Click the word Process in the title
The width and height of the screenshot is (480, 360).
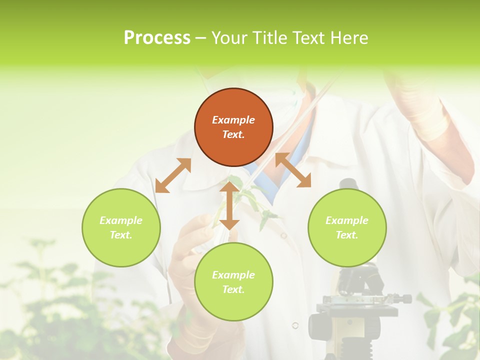click(157, 38)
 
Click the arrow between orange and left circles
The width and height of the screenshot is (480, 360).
click(173, 175)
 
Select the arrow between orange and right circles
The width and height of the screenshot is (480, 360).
click(293, 170)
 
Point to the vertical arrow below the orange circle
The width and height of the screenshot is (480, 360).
click(229, 205)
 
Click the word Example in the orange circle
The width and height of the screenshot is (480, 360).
click(233, 120)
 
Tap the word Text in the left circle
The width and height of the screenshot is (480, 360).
click(121, 235)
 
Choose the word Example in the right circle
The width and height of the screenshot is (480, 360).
click(347, 220)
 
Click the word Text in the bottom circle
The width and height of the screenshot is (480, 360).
click(233, 289)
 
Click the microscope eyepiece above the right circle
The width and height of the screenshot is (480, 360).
click(348, 183)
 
